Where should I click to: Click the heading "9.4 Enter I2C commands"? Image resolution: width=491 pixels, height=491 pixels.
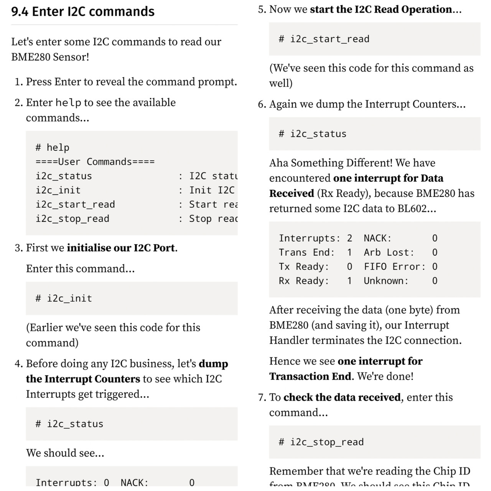click(83, 12)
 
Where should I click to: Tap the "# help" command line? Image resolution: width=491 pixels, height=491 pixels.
click(53, 148)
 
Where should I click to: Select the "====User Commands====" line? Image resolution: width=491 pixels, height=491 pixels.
click(95, 162)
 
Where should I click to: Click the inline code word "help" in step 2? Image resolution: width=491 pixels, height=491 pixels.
click(68, 103)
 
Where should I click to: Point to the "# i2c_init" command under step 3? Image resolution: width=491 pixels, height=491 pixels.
click(64, 298)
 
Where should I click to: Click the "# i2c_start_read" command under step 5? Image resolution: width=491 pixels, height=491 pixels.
click(324, 39)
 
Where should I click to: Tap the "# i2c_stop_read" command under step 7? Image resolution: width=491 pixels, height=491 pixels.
click(321, 442)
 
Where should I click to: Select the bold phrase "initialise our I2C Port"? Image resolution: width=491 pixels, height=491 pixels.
click(121, 248)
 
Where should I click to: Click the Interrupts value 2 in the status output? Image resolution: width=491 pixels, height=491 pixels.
click(349, 238)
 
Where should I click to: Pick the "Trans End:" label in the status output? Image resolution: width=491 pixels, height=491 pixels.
click(307, 252)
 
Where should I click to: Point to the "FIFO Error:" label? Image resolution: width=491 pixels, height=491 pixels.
click(395, 267)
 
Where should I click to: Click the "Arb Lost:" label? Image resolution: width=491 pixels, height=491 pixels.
click(389, 252)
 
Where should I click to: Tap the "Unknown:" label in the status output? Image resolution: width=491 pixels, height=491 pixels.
click(386, 281)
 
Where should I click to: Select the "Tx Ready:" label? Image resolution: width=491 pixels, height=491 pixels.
click(304, 267)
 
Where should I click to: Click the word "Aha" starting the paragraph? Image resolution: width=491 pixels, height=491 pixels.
click(278, 163)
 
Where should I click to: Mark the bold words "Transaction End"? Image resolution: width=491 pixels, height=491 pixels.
click(310, 376)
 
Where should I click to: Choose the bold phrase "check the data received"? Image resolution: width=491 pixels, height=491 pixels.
click(342, 397)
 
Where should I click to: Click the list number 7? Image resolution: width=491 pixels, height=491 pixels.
click(262, 397)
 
